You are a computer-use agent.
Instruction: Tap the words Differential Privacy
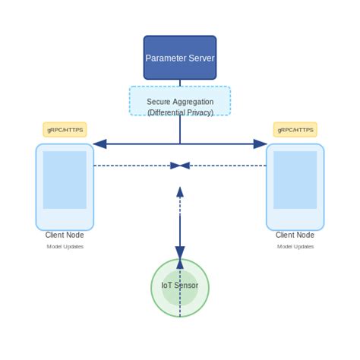pyautogui.click(x=180, y=112)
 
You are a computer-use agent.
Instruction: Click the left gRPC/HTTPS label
pyautogui.click(x=65, y=130)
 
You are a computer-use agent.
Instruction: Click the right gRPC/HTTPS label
pyautogui.click(x=295, y=130)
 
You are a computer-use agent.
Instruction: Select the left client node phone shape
pyautogui.click(x=65, y=187)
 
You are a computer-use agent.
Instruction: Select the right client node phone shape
pyautogui.click(x=295, y=187)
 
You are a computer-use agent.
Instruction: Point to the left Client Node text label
pyautogui.click(x=65, y=235)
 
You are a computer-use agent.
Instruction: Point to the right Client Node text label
pyautogui.click(x=295, y=235)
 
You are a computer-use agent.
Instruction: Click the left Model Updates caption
pyautogui.click(x=65, y=247)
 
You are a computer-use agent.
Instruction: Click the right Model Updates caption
pyautogui.click(x=295, y=247)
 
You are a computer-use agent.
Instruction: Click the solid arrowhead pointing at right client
pyautogui.click(x=261, y=144)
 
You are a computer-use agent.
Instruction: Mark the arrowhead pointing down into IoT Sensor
pyautogui.click(x=180, y=254)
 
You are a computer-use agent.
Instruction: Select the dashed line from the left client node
pyautogui.click(x=133, y=166)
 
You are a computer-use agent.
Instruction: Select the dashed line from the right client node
pyautogui.click(x=228, y=166)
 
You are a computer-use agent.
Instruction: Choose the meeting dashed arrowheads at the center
pyautogui.click(x=180, y=166)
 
